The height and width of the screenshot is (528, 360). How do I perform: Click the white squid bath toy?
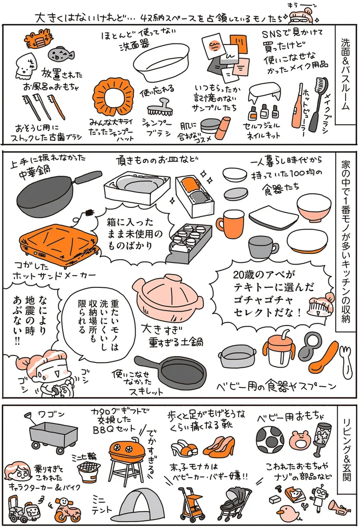pos(25,66)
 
